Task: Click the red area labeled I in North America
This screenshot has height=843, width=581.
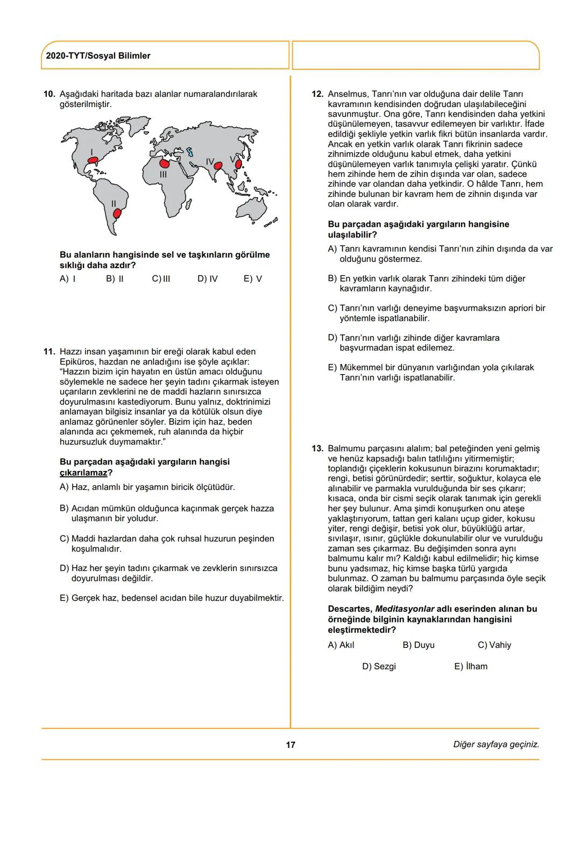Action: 94,160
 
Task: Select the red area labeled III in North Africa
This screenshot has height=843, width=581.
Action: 164,162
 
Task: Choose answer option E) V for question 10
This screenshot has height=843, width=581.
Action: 252,278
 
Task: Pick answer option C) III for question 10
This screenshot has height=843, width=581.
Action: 161,278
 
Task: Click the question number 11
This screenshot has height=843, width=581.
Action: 49,352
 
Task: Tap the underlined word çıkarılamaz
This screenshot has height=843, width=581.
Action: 83,473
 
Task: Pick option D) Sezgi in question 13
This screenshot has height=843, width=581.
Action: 379,666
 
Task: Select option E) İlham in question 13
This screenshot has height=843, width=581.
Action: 471,666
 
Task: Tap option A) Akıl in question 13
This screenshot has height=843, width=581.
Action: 341,645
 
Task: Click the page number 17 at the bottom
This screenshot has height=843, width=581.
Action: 290,745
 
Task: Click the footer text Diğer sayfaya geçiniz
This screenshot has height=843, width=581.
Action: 495,745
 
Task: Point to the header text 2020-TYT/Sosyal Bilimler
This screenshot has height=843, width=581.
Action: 98,56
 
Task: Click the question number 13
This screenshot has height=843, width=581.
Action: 317,448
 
